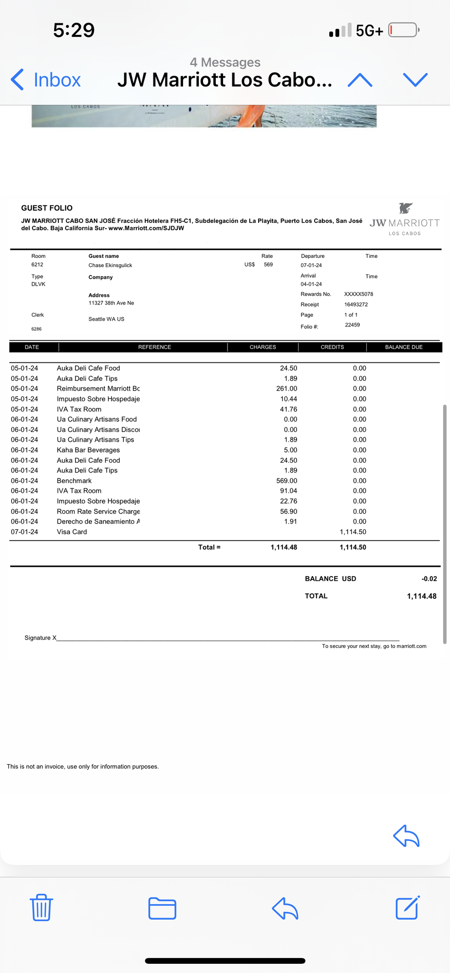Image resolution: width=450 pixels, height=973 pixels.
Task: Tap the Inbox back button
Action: pos(46,79)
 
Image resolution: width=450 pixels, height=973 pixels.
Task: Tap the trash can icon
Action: pos(41,907)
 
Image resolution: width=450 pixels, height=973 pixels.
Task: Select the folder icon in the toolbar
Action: pos(162,908)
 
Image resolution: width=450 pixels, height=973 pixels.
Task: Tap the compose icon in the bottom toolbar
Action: pos(408,907)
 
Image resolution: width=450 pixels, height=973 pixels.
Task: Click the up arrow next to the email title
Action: pos(360,80)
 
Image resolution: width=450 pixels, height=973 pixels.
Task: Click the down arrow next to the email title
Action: pos(415,80)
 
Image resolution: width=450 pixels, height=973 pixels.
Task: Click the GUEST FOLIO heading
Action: pos(47,208)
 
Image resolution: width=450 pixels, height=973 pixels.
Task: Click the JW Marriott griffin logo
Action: pos(405,209)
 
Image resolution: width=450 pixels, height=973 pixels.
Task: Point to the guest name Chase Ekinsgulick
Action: pos(111,265)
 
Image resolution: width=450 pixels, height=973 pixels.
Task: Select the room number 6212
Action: pos(37,265)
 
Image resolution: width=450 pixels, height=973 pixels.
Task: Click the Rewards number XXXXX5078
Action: pos(358,294)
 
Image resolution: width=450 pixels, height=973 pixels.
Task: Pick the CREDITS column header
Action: pos(332,347)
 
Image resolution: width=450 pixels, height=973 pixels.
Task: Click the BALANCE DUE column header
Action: pos(404,347)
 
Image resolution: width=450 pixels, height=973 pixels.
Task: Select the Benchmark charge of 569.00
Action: pos(286,481)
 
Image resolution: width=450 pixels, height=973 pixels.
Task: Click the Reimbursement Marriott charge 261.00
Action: pos(286,389)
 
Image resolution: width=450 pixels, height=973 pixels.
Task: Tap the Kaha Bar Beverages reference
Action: pos(88,450)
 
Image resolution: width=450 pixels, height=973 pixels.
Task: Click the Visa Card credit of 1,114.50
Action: pos(353,532)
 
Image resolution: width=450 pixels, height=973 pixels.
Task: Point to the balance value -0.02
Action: pos(429,578)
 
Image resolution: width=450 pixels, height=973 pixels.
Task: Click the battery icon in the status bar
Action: pos(404,30)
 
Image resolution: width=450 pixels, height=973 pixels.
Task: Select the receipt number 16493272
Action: pos(356,305)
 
